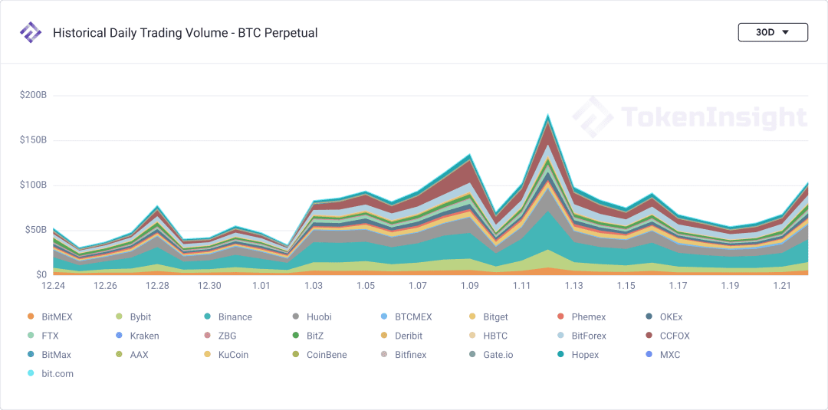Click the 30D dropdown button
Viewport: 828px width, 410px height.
pos(773,32)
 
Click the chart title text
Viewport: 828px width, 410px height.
pos(186,33)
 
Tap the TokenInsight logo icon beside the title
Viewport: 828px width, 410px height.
pos(30,32)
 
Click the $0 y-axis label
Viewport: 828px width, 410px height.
pos(41,275)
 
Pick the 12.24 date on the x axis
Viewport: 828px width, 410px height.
pos(54,286)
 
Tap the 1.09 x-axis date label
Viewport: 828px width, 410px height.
pos(469,286)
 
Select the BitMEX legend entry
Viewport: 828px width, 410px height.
pos(50,317)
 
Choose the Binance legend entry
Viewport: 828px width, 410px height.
pos(228,317)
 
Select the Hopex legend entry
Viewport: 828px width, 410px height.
pos(580,355)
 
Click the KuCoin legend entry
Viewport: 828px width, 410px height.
pos(226,355)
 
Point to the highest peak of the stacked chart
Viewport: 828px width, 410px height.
pos(548,114)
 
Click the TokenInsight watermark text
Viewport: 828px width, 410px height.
pos(714,116)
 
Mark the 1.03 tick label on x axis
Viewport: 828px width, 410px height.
pos(313,286)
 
